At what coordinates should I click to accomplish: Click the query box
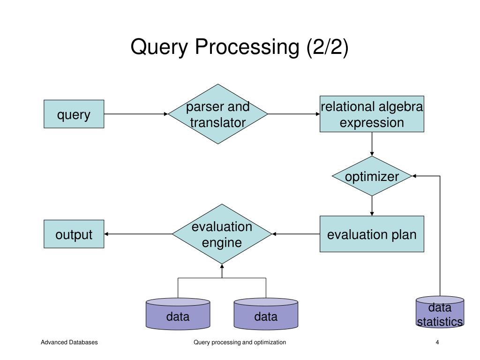tap(74, 114)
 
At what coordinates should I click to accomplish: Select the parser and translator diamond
tap(218, 114)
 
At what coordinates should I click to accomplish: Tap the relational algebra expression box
tap(372, 114)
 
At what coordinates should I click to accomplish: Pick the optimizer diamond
tap(372, 176)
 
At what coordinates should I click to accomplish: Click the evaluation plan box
tap(372, 234)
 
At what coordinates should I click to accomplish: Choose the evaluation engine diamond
tap(222, 234)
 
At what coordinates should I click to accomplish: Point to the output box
tap(74, 234)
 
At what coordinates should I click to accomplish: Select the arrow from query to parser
tap(136, 114)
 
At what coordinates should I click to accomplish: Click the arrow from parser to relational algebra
tap(294, 114)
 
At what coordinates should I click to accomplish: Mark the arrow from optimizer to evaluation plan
tap(372, 206)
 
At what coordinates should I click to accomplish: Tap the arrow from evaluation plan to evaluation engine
tap(296, 234)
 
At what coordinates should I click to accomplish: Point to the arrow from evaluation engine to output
tap(138, 234)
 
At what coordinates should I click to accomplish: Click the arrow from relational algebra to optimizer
tap(372, 144)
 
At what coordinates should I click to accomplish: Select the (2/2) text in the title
tap(328, 47)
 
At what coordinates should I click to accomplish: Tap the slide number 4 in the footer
tap(437, 343)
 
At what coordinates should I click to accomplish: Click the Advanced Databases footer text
tap(69, 343)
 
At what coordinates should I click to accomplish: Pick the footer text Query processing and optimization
tap(240, 343)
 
